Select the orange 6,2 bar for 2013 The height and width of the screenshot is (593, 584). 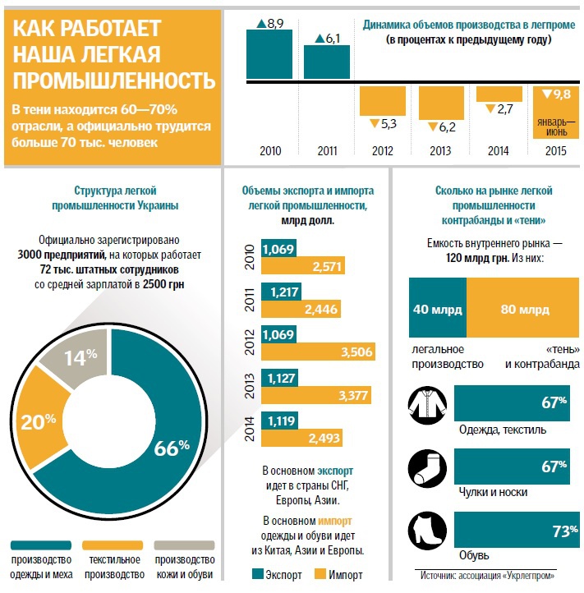[441, 102]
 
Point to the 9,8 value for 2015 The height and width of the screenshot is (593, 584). [562, 94]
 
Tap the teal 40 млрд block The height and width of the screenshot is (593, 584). [437, 309]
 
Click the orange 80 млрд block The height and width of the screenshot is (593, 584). [522, 309]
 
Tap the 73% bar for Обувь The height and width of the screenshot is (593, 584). [513, 531]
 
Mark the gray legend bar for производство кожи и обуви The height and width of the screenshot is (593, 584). [183, 545]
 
